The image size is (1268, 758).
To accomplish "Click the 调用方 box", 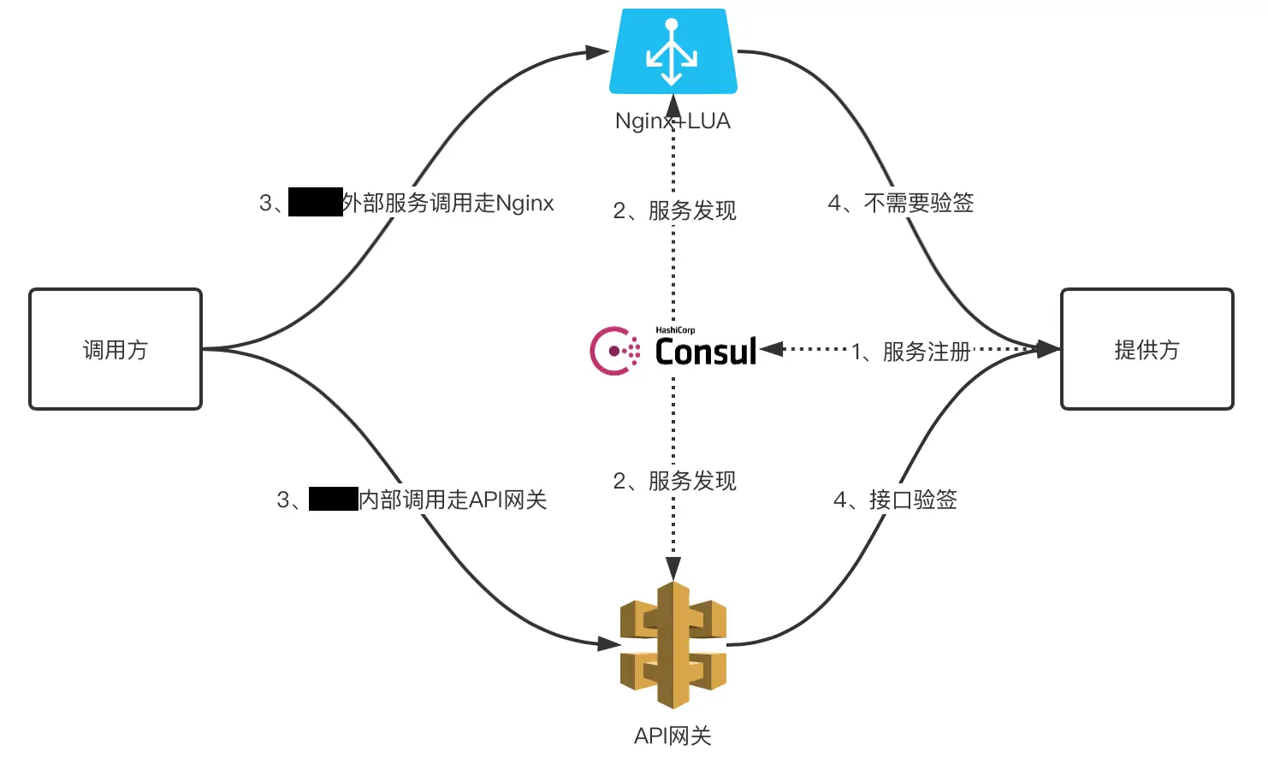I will click(x=116, y=349).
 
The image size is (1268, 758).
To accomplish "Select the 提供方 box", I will click(x=1147, y=349).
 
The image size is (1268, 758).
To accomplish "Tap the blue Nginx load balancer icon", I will click(x=673, y=51).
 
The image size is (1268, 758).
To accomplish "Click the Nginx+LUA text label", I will click(x=673, y=121).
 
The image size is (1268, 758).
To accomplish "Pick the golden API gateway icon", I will click(x=673, y=645).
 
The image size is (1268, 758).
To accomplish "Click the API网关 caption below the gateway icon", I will click(x=673, y=736).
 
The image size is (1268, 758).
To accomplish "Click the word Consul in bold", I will click(x=706, y=352).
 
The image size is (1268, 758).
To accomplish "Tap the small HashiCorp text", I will click(x=675, y=330).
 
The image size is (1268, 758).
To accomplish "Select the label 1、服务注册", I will click(x=911, y=352).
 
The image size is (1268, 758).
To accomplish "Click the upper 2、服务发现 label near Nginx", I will click(x=674, y=210).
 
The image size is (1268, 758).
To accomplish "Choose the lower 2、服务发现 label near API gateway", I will click(x=674, y=481).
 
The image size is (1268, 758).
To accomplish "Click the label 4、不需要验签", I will click(x=901, y=203).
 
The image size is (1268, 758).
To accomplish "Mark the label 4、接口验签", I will click(x=895, y=500).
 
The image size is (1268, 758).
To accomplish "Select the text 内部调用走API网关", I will click(x=453, y=500).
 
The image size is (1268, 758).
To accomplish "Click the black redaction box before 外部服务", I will click(x=315, y=202).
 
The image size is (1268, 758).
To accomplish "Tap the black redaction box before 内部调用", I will click(x=333, y=499).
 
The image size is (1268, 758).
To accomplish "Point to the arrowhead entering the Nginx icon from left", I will click(x=598, y=52).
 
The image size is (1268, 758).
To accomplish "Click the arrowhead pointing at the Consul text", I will click(x=770, y=348).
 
